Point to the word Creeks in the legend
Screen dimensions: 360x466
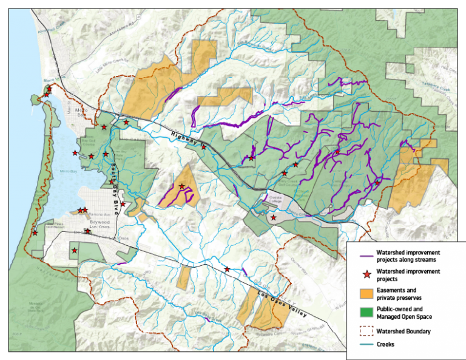tap(386, 344)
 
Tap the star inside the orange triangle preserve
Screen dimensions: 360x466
tap(181, 186)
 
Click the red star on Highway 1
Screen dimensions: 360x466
tap(204, 146)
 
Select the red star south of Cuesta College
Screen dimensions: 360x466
tap(274, 217)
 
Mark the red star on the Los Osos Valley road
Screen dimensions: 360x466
tap(228, 269)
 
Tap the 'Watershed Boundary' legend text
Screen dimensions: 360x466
tap(404, 331)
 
